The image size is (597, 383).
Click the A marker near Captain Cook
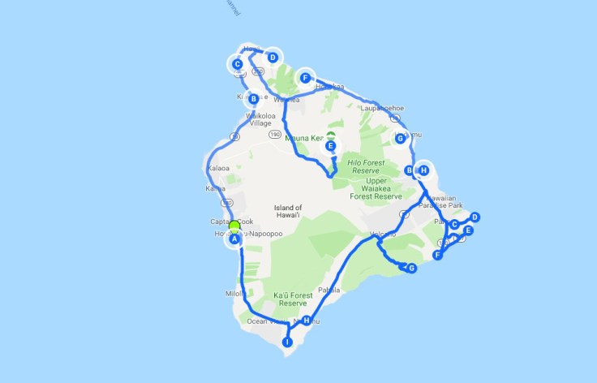[234, 239]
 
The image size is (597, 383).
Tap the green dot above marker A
[234, 226]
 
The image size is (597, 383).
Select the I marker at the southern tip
[286, 342]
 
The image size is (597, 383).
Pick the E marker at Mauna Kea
[330, 147]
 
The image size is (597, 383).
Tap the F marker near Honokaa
[305, 78]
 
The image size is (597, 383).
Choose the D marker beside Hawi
[273, 57]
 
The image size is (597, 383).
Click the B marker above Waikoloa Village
[254, 99]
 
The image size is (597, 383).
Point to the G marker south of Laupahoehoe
[400, 138]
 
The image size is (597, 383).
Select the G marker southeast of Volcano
[411, 268]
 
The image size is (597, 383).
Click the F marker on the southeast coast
[438, 255]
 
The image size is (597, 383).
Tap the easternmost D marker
[475, 217]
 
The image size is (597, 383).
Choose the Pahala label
[329, 290]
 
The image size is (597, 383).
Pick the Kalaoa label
[219, 168]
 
